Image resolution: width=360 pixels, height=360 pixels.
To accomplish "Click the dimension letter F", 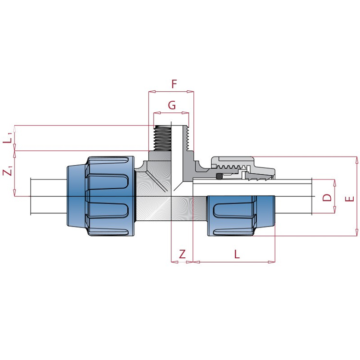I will pos(174,84).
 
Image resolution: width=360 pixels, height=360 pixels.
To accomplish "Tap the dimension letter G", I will pos(171,106).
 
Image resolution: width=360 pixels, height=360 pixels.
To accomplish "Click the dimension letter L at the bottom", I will pos(237,255).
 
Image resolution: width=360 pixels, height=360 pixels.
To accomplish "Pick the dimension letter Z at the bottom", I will pos(182,255).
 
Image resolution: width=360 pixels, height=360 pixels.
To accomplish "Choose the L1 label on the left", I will pos(8,138).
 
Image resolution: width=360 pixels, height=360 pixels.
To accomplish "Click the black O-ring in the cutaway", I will pos(219,177).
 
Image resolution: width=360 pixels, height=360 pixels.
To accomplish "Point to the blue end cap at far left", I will pos(75,196).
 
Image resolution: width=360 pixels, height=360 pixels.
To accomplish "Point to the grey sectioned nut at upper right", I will pos(240,166).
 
